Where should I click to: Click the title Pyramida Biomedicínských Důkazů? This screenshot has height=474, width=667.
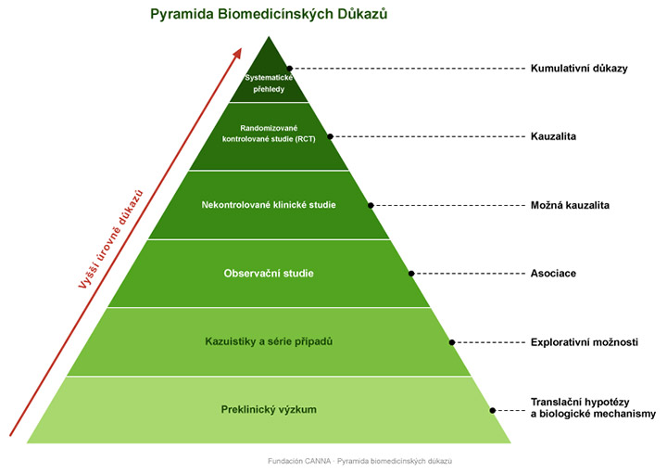[x=269, y=15]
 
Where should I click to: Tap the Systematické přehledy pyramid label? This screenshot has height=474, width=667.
[x=269, y=83]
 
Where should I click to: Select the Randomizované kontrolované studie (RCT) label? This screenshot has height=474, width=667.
[x=269, y=134]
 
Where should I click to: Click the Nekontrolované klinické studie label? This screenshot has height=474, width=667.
[x=269, y=205]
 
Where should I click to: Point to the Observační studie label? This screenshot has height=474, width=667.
[x=269, y=274]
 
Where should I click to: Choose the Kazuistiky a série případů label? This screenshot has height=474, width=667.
[x=269, y=341]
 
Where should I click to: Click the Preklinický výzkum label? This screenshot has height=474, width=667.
[x=269, y=410]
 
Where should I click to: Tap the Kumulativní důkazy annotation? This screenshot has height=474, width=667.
[x=579, y=69]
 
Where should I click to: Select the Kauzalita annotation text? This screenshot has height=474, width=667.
[x=553, y=136]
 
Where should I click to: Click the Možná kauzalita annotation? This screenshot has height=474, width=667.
[x=570, y=205]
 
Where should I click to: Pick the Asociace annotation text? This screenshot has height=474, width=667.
[x=553, y=274]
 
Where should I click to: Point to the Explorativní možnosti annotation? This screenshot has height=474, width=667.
[x=584, y=342]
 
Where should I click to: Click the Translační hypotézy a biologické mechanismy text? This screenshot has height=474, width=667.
[x=593, y=408]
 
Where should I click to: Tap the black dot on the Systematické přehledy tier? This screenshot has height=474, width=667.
[x=290, y=69]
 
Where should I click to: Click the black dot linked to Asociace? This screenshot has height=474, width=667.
[x=411, y=274]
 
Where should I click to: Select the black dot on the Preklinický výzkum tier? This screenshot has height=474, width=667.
[x=493, y=411]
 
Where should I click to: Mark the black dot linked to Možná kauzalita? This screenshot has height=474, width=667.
[x=371, y=205]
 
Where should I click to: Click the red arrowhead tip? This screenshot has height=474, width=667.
[x=241, y=48]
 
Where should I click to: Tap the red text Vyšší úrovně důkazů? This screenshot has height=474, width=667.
[x=110, y=239]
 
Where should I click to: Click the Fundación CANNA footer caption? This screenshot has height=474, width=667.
[x=359, y=461]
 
